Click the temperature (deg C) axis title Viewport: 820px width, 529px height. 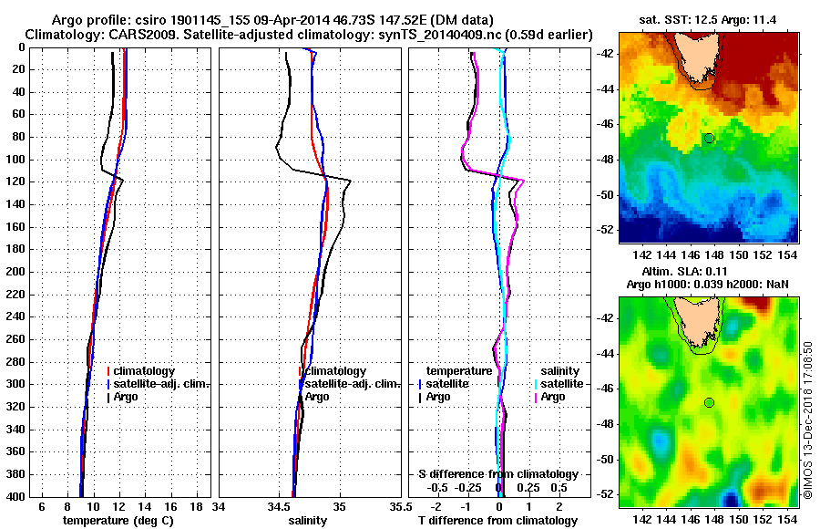118,521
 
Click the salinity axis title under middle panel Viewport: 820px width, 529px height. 307,521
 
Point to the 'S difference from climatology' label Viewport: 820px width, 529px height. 498,474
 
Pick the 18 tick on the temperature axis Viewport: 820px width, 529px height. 196,505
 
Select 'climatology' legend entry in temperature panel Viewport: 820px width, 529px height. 149,371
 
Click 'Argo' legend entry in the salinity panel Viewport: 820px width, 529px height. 317,397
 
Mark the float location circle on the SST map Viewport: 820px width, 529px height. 709,138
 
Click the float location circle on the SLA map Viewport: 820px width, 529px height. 709,402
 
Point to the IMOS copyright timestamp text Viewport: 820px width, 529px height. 807,420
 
